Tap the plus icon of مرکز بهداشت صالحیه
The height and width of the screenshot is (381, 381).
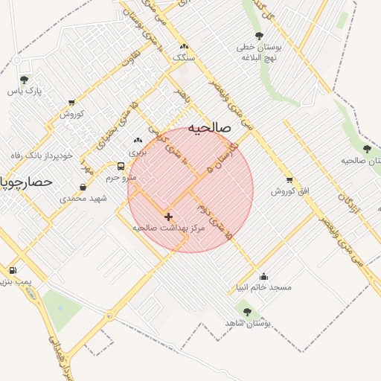pyautogui.click(x=168, y=216)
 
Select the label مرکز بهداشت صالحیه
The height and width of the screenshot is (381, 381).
pyautogui.click(x=168, y=228)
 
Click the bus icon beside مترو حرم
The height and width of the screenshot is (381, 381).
pyautogui.click(x=121, y=166)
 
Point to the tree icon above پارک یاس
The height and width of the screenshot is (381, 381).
pyautogui.click(x=24, y=79)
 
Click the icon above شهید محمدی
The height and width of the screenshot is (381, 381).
pyautogui.click(x=83, y=187)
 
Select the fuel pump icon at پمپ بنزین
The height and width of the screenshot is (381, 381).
pyautogui.click(x=12, y=270)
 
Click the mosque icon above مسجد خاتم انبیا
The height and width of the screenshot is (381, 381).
pyautogui.click(x=263, y=276)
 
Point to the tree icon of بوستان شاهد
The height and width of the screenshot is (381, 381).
pyautogui.click(x=247, y=312)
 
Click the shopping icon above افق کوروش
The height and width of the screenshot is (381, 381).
pyautogui.click(x=289, y=179)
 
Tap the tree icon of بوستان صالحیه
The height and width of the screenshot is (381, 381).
pyautogui.click(x=367, y=149)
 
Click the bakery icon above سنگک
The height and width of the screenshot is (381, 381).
pyautogui.click(x=182, y=45)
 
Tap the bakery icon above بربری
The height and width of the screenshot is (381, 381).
pyautogui.click(x=137, y=140)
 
